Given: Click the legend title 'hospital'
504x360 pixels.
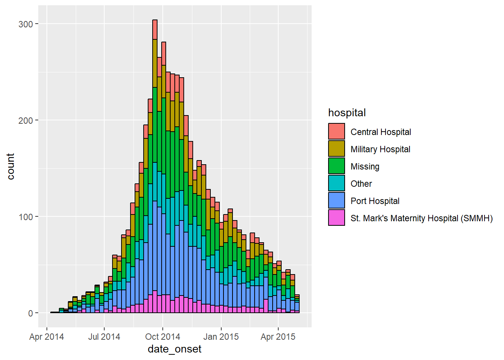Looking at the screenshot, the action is tap(347, 113).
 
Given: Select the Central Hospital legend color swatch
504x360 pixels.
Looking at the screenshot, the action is tap(336, 131).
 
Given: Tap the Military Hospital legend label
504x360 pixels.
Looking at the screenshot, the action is tap(380, 149).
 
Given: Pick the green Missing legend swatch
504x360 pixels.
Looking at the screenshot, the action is tap(336, 166).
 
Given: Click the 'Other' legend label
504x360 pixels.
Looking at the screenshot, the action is tap(361, 184).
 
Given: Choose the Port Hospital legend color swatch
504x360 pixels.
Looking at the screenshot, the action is tap(336, 200).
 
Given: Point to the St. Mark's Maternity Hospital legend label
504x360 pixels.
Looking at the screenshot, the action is tap(421, 218).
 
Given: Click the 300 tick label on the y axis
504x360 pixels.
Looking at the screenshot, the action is tap(25, 24).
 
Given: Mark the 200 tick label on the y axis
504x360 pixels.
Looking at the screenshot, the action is tap(25, 121).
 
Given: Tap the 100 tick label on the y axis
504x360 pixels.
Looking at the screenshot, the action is tap(25, 217).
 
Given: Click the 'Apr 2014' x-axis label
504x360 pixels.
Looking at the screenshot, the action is tap(46, 337).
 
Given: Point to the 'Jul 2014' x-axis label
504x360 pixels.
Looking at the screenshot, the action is tap(104, 337).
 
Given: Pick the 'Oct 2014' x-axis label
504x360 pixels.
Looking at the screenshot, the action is tap(163, 337).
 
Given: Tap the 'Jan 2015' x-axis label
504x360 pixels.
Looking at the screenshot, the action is tap(221, 337).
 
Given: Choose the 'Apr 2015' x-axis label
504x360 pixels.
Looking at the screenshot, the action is tap(278, 337).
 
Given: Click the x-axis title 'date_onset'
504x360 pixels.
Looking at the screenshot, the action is tap(175, 349).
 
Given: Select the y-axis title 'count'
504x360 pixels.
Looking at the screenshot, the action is tap(10, 166).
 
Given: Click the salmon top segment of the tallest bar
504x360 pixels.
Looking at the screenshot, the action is tap(155, 30).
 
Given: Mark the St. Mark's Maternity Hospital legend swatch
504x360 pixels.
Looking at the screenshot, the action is tap(336, 217).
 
